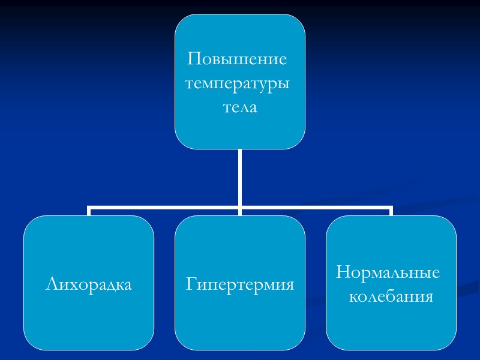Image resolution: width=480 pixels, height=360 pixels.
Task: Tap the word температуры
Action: [238, 84]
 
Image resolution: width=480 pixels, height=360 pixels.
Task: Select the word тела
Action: [240, 109]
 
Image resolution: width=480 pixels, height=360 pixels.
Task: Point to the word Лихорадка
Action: [89, 284]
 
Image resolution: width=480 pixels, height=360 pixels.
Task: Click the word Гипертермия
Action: [240, 284]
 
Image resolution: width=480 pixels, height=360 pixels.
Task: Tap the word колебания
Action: [391, 296]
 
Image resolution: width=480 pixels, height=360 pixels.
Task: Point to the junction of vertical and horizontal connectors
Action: [240, 208]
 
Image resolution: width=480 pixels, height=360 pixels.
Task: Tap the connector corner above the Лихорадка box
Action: [89, 208]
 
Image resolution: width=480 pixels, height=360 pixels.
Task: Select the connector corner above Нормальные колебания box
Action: [391, 208]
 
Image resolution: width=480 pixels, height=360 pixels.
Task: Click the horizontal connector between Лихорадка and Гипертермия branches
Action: [165, 208]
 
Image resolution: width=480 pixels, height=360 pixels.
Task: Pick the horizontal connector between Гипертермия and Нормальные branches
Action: [316, 208]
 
